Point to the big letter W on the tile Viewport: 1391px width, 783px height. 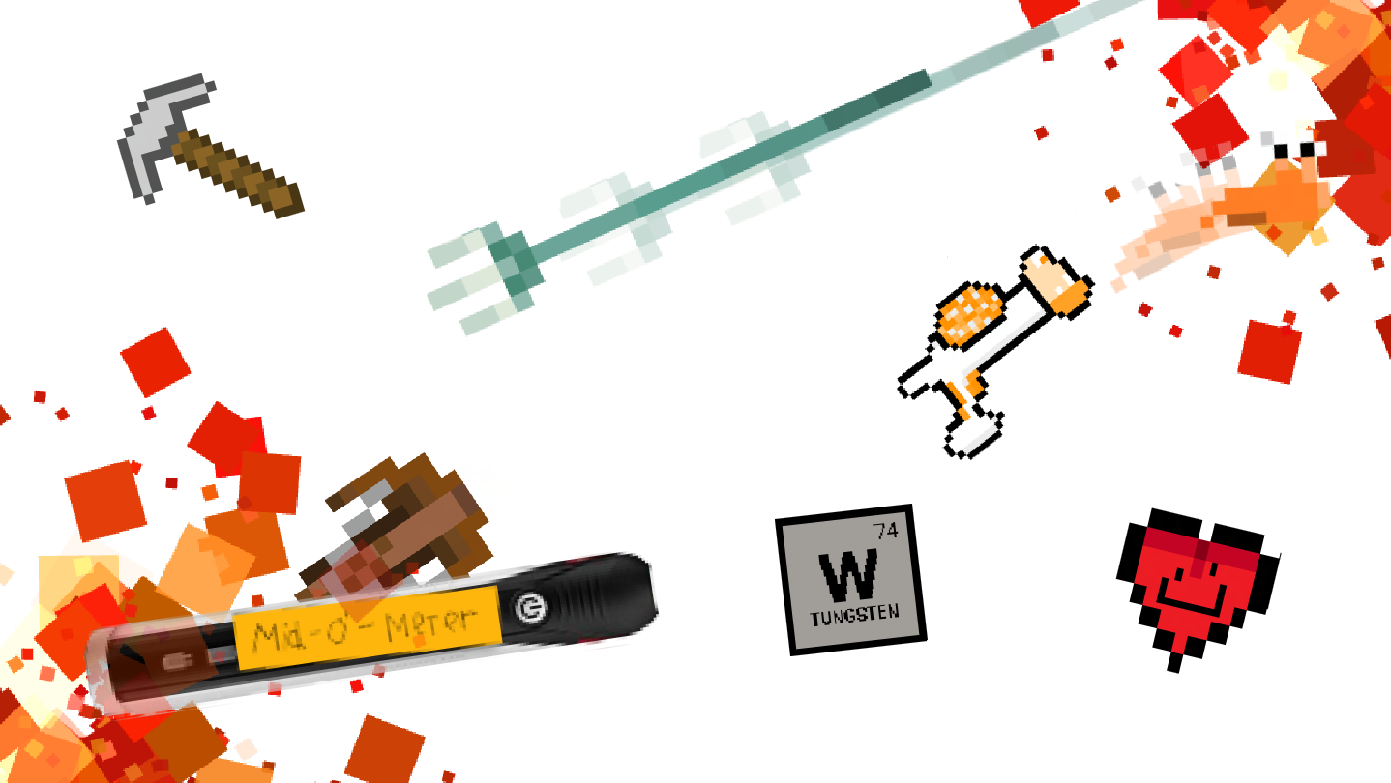(849, 576)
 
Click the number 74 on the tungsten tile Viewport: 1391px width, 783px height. (886, 531)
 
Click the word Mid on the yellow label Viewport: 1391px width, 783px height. (277, 635)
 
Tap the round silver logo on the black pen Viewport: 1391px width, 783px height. (529, 607)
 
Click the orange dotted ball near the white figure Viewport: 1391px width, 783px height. (970, 313)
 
